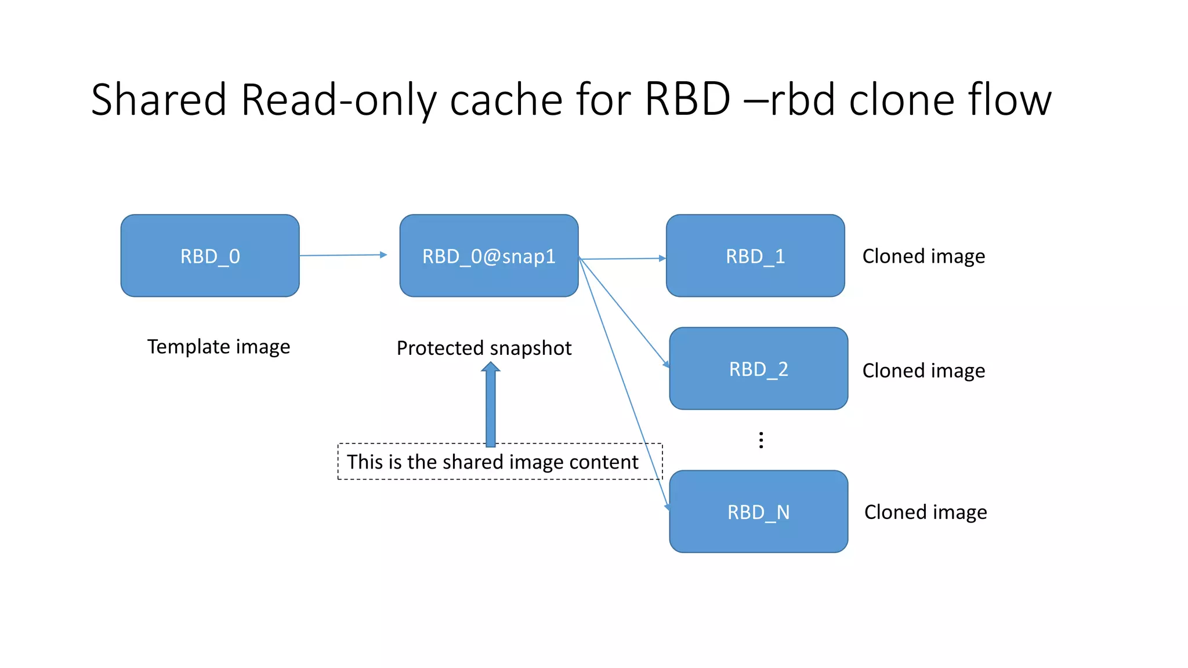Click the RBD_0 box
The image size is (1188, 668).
coord(210,256)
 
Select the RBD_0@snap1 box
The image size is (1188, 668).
coord(488,256)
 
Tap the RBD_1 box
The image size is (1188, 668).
coord(755,256)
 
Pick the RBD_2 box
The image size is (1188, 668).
coord(758,369)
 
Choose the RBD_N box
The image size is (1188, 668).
coord(758,511)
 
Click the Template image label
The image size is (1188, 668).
coord(219,347)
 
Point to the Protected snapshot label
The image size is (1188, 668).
coord(484,348)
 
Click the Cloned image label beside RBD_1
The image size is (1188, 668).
coord(923,256)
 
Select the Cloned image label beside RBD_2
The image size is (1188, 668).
coord(923,371)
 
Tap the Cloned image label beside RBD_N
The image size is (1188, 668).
coord(925,512)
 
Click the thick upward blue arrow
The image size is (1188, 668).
coord(491,406)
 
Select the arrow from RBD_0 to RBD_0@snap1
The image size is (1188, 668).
coord(342,255)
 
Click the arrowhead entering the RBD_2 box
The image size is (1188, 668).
coord(666,364)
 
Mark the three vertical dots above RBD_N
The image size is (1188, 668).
coord(761,440)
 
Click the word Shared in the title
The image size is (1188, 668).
coord(159,100)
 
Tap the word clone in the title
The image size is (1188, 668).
coord(901,100)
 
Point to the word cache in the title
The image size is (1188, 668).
coord(506,100)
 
